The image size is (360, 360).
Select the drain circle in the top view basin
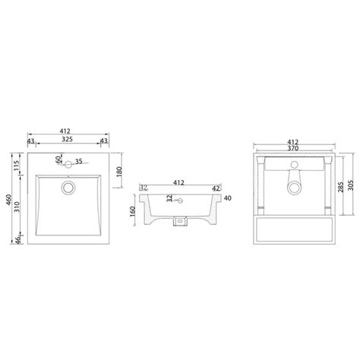point(68,185)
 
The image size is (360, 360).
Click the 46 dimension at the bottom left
point(17,241)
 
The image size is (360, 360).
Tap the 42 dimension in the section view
point(215,189)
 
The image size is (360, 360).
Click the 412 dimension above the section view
point(181,182)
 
